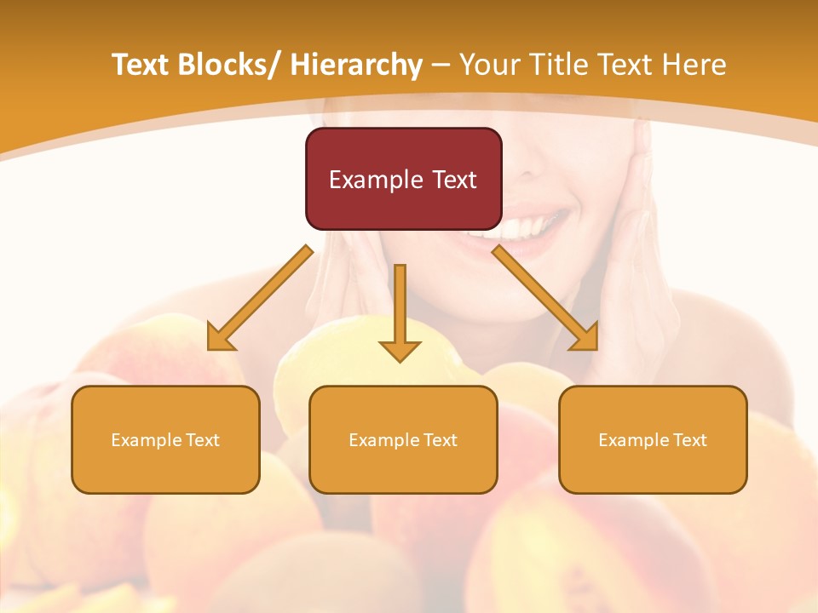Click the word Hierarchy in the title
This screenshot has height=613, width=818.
[356, 65]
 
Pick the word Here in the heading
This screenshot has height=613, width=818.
[696, 65]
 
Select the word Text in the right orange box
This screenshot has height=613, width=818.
[689, 440]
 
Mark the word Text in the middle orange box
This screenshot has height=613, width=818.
[440, 440]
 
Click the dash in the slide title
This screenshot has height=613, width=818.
[441, 65]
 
